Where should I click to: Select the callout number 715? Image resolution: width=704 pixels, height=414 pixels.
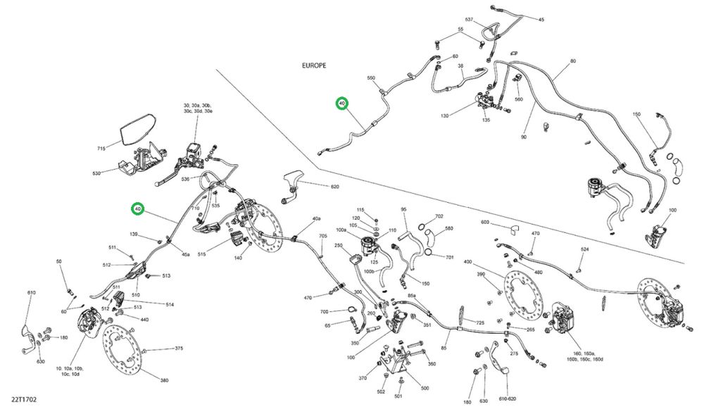[x=101, y=149]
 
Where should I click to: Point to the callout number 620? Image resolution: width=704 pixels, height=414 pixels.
[x=335, y=187]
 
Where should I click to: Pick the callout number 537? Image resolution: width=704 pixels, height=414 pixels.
[x=470, y=20]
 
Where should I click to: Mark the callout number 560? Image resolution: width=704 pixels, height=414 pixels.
[x=519, y=99]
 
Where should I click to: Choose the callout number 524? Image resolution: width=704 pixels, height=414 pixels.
[x=584, y=249]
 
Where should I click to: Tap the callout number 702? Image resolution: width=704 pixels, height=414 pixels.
[x=439, y=217]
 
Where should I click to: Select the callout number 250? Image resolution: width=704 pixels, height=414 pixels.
[x=338, y=246]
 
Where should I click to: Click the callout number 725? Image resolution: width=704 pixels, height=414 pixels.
[x=480, y=322]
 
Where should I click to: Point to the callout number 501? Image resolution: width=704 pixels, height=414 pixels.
[x=398, y=396]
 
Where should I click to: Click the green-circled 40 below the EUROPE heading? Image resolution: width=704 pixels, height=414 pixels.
[x=342, y=104]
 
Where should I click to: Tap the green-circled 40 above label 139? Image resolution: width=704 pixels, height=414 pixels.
[x=138, y=209]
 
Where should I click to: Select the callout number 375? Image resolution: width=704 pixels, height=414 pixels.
[x=179, y=348]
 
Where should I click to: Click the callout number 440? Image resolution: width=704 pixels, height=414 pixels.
[x=144, y=320]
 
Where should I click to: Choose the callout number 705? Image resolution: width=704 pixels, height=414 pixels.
[x=323, y=237]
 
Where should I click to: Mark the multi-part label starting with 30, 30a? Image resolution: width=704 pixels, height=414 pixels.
[x=194, y=107]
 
